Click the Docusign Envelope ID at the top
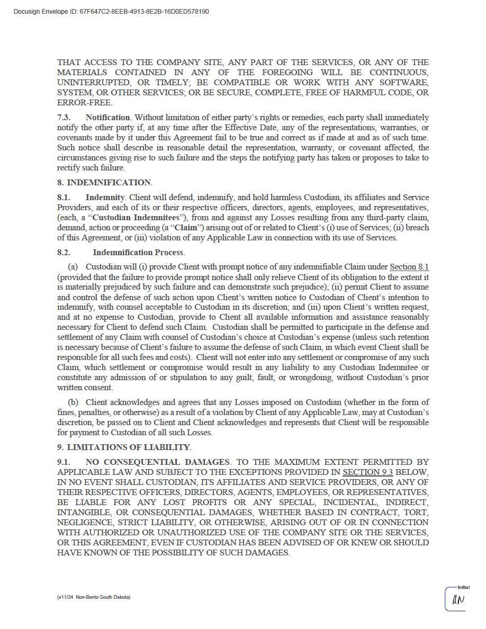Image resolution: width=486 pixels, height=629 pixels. (x=111, y=11)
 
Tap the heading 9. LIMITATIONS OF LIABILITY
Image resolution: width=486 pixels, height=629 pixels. (x=124, y=447)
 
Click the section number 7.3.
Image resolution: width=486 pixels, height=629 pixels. (x=64, y=117)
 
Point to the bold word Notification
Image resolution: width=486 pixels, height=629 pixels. (x=107, y=117)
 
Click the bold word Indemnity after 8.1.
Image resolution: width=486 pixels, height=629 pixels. (x=105, y=197)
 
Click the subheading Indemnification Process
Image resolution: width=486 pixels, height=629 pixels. (x=138, y=253)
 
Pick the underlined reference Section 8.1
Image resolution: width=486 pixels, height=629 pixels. (x=409, y=267)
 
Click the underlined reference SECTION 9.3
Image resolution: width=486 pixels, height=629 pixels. (x=368, y=472)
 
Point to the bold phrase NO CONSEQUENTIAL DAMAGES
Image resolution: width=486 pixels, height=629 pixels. (x=158, y=462)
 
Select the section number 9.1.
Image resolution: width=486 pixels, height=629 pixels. (x=64, y=462)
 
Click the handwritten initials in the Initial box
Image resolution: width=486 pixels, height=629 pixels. (x=458, y=600)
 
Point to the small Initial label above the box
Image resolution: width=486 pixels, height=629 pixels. (x=463, y=587)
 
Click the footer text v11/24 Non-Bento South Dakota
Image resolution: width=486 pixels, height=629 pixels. (x=94, y=597)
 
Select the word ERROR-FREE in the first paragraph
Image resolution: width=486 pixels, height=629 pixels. (x=84, y=103)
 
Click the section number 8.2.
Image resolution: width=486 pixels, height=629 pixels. (x=64, y=253)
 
